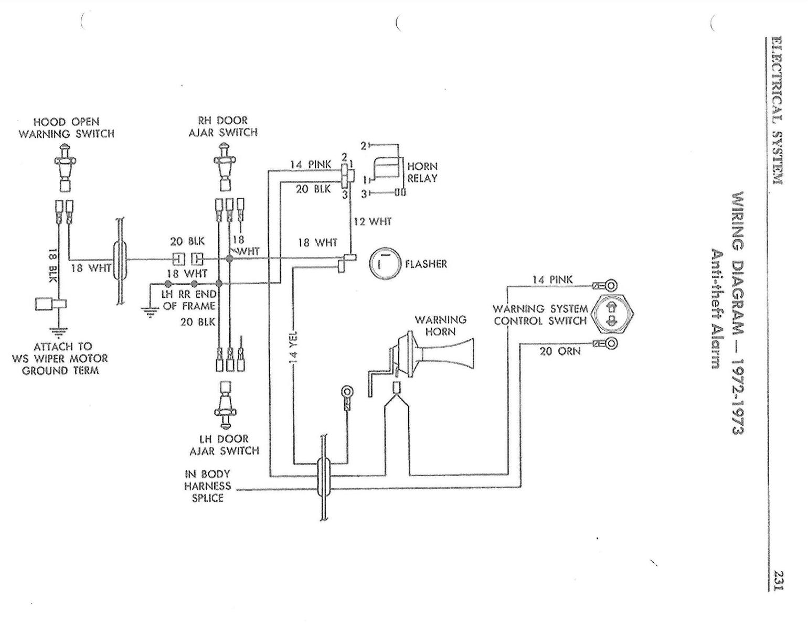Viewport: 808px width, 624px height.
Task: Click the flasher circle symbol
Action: pos(385,263)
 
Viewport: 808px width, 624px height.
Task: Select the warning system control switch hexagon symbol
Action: pos(612,314)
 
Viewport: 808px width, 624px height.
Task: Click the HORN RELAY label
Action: pos(422,172)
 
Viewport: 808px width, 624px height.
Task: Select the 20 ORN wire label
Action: pos(560,351)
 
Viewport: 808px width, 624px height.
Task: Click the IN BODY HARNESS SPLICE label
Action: pos(207,486)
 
